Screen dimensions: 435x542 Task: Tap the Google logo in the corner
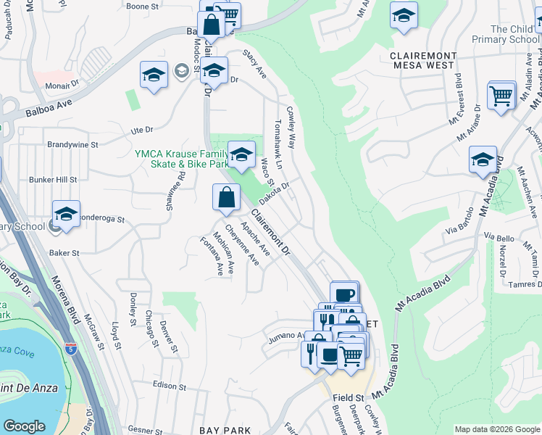(x=25, y=426)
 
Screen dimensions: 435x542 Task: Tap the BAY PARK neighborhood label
(x=225, y=430)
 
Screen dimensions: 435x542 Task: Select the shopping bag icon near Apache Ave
(x=226, y=196)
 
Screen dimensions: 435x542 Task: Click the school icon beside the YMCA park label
(x=241, y=153)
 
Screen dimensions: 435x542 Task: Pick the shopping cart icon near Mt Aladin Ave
(x=501, y=95)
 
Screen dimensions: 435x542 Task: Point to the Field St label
(x=348, y=398)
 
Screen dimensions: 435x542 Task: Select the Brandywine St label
(x=72, y=144)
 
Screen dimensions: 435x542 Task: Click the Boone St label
(x=143, y=7)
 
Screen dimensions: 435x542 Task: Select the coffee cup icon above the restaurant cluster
(x=345, y=294)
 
